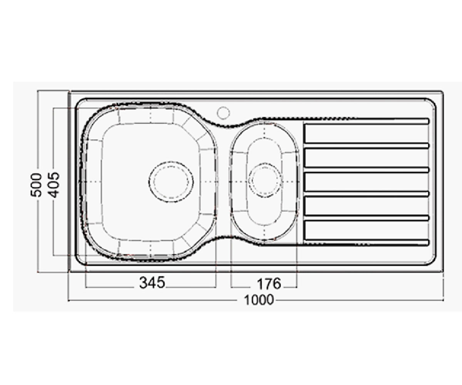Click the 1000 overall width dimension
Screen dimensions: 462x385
259,300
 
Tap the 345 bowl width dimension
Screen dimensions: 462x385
152,283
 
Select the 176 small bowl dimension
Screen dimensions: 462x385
269,284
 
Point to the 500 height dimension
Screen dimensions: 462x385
36,185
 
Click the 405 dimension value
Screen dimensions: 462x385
54,185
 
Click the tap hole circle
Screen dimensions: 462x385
223,112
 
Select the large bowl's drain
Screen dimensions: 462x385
171,182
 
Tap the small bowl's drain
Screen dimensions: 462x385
265,180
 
